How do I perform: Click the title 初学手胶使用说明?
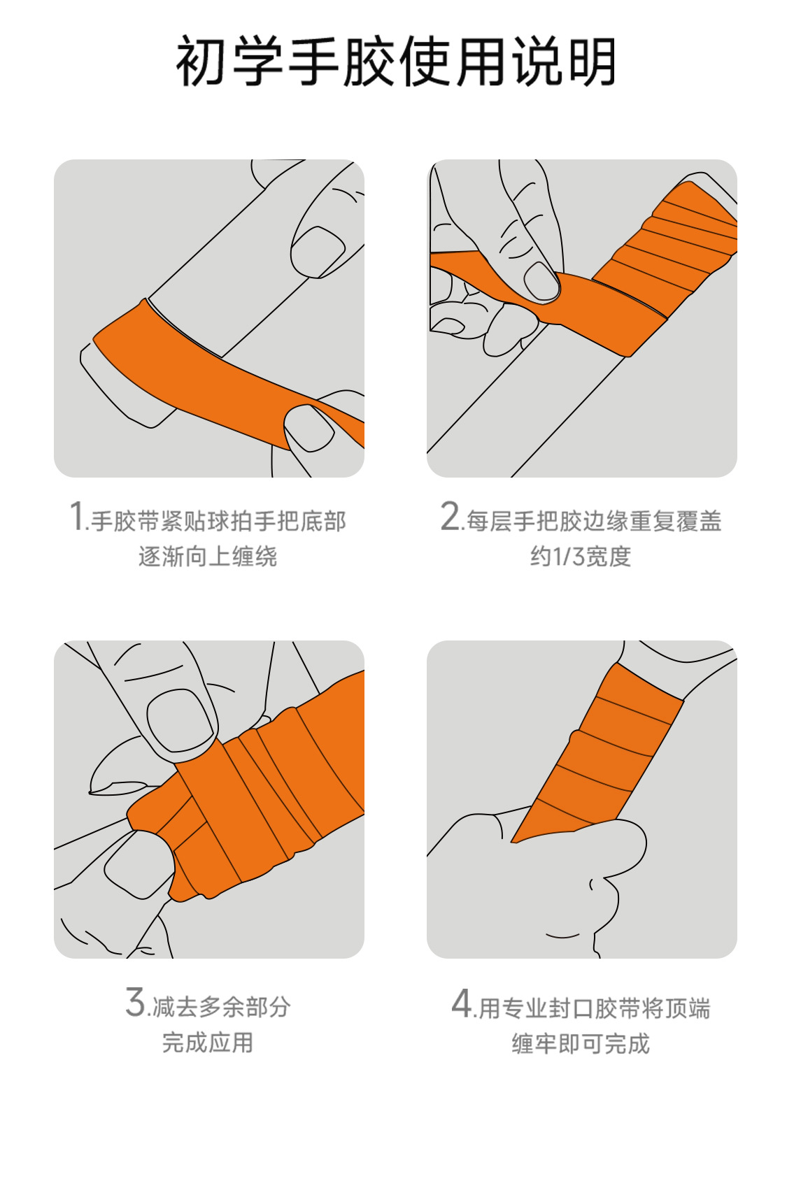tap(395, 62)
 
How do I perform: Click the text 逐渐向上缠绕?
tap(208, 557)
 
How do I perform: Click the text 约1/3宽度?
tap(581, 557)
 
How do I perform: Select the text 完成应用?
tap(208, 1043)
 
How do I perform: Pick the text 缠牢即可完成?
tap(581, 1044)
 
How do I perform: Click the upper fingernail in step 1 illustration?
tap(318, 249)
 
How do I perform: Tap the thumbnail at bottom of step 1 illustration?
tap(309, 427)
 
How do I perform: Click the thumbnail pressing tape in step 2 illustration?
tap(541, 282)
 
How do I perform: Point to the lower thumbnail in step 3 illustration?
tap(139, 864)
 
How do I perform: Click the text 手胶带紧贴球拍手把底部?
tap(218, 521)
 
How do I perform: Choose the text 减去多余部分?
tap(221, 1007)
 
